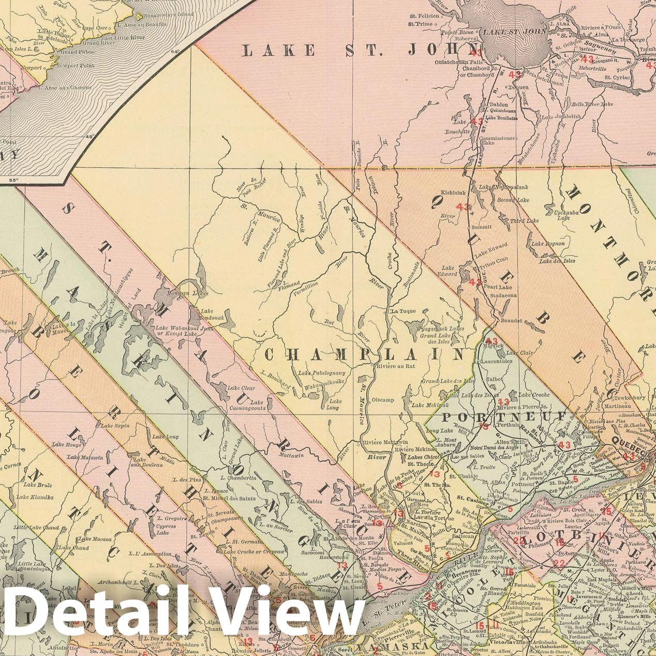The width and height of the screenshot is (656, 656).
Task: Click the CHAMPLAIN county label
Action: (365, 354)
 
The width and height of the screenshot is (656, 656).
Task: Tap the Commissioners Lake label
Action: (498, 141)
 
